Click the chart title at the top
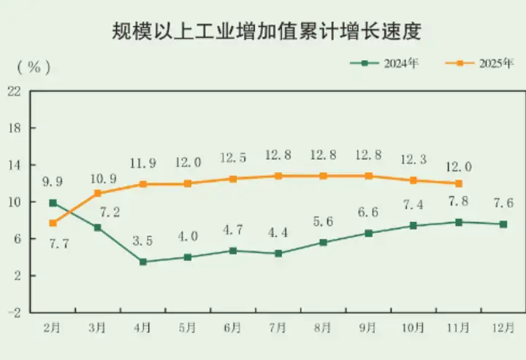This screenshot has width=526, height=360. (x=263, y=31)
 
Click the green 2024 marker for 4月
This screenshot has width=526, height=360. (x=142, y=261)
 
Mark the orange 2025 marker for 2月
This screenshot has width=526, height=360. (x=53, y=223)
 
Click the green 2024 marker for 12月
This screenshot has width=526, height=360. (x=503, y=224)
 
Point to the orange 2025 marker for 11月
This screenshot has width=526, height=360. (x=458, y=183)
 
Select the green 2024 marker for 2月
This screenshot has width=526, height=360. (x=53, y=202)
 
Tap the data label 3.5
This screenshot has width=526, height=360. (x=142, y=240)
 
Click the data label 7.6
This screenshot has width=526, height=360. (x=503, y=203)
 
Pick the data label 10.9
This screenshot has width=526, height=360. (x=99, y=178)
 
